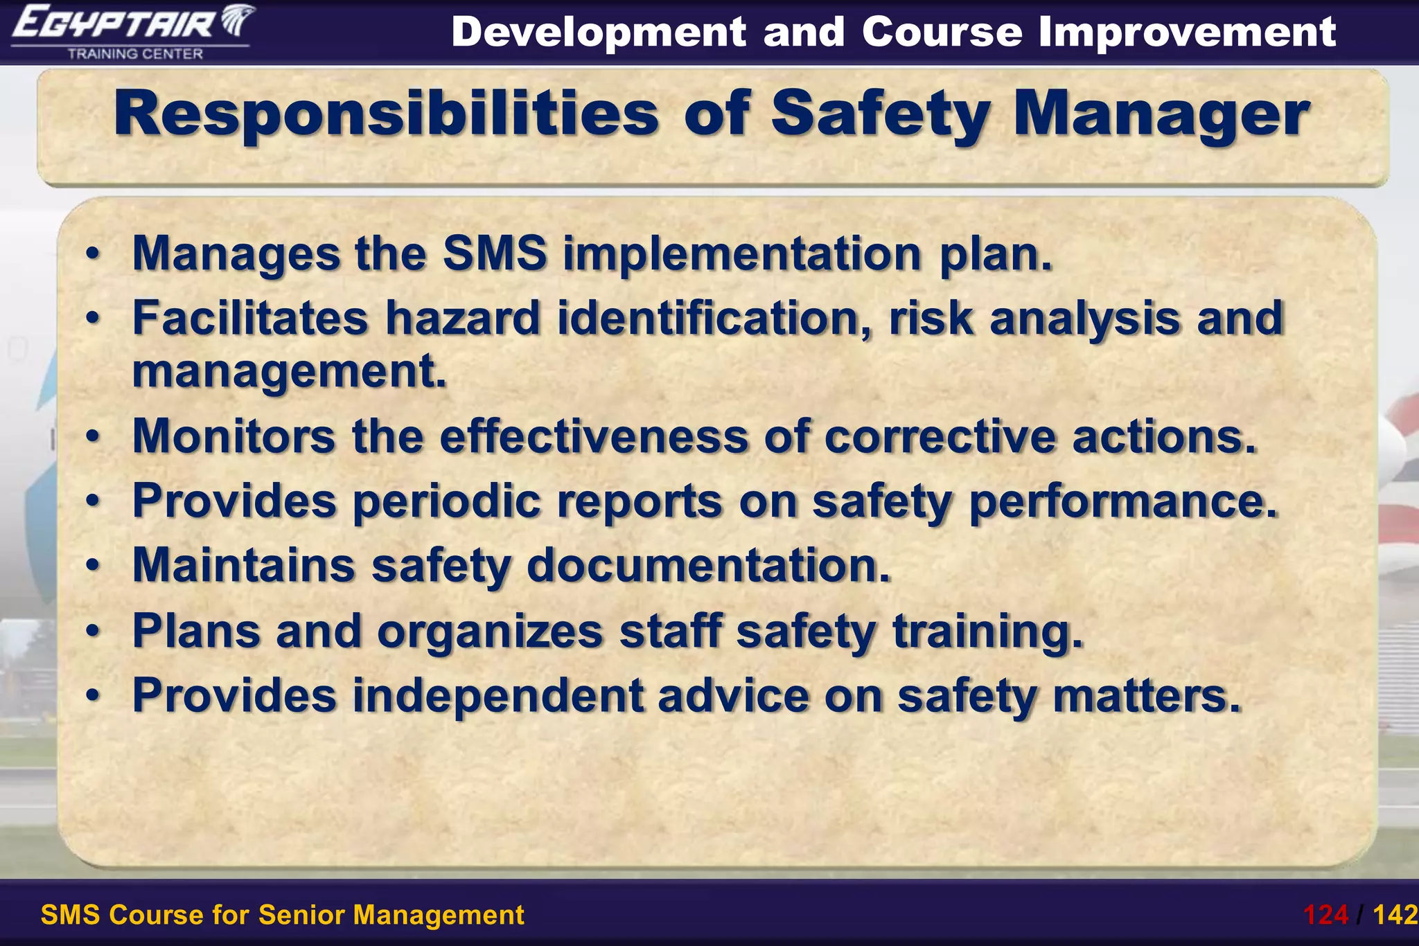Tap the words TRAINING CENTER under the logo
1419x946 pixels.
tap(135, 54)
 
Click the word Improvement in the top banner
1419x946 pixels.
tap(1187, 32)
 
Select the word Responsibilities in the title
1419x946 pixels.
tap(386, 114)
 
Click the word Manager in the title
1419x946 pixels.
tap(1161, 114)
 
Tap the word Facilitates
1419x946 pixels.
tap(250, 318)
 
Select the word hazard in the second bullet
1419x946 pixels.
tap(462, 318)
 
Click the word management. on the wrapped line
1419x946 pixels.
tap(289, 372)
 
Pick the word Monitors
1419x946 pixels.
tap(233, 436)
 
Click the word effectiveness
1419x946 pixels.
tap(594, 436)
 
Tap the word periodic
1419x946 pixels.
tap(446, 501)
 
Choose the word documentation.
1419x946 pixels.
tap(708, 565)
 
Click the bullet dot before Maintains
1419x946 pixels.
tap(93, 566)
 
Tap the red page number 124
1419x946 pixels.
tap(1325, 915)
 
